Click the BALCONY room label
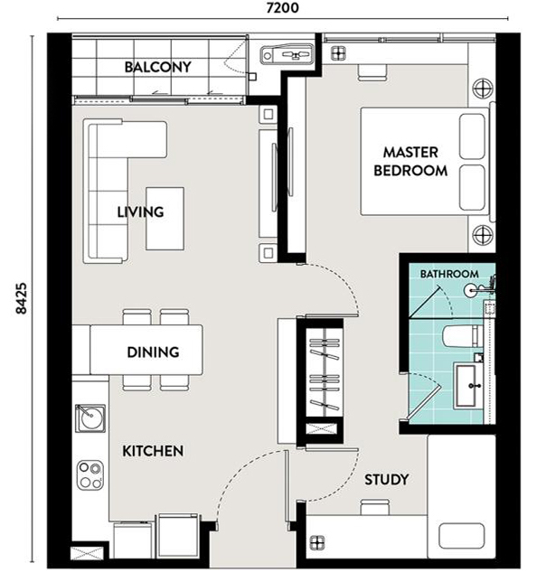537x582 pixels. (x=158, y=67)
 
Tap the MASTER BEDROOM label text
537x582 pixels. (x=410, y=162)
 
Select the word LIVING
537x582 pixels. (x=140, y=212)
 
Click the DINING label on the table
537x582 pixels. (x=153, y=352)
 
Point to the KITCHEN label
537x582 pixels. (x=153, y=451)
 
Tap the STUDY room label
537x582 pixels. (x=386, y=480)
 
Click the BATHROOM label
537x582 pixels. (x=449, y=274)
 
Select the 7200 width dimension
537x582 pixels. (x=282, y=8)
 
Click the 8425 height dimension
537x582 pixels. (x=22, y=298)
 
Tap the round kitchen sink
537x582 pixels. (x=90, y=418)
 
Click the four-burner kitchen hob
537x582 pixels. (x=90, y=474)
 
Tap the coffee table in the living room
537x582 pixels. (x=165, y=219)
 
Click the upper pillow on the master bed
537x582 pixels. (x=472, y=136)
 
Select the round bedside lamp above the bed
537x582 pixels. (x=483, y=89)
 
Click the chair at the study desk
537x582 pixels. (x=375, y=507)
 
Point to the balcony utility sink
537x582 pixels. (x=287, y=54)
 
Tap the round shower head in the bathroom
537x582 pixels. (x=470, y=290)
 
